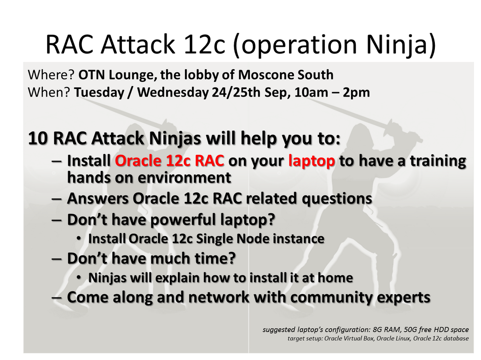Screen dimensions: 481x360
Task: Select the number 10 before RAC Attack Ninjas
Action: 38,138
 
